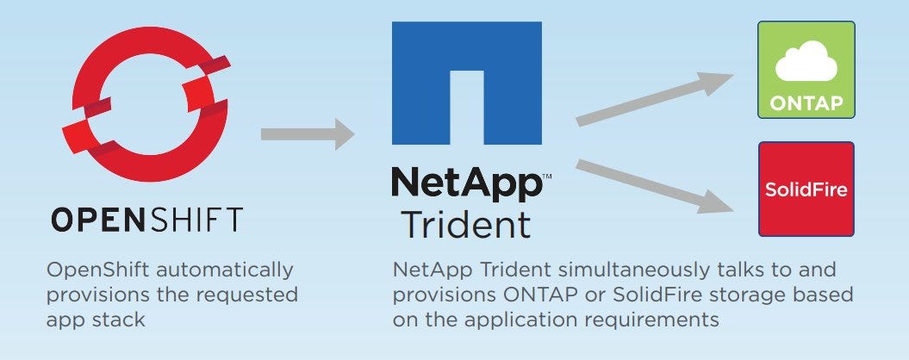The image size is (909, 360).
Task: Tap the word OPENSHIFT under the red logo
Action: [x=146, y=219]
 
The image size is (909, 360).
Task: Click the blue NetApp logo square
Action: [x=467, y=83]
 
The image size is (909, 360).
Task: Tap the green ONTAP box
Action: [x=806, y=70]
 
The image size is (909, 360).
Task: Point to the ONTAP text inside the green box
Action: [x=806, y=102]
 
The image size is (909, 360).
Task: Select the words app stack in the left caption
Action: [x=97, y=320]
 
